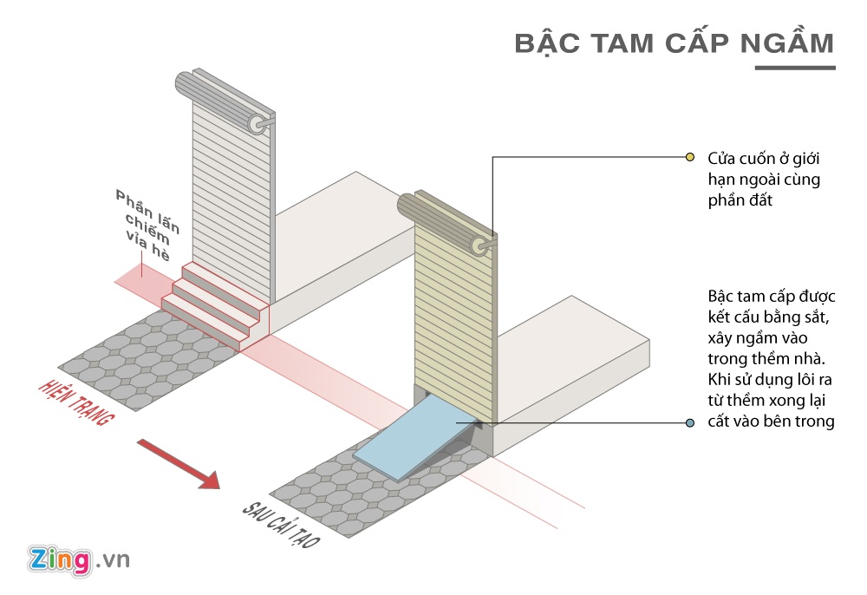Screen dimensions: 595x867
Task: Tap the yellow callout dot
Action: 690,157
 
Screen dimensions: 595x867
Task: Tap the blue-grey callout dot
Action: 690,422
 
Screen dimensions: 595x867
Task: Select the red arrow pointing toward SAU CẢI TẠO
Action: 177,461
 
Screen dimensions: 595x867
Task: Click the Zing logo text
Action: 59,559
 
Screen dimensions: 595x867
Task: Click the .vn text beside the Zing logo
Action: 113,560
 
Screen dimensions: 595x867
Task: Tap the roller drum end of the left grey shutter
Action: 258,125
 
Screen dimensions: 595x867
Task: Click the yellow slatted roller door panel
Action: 454,312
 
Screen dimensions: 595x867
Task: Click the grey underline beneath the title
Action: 794,67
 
